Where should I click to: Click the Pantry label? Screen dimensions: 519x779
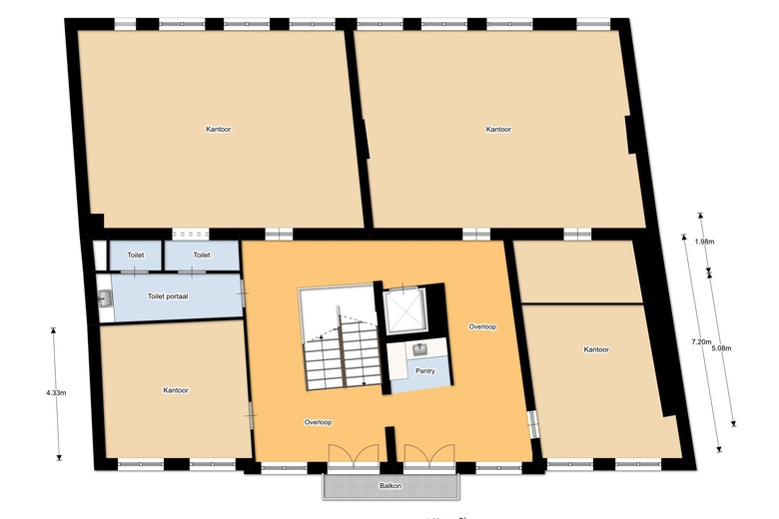425,371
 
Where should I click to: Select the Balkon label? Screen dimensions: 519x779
390,487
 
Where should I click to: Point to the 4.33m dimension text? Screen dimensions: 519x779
56,393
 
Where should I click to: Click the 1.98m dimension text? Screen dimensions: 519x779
703,241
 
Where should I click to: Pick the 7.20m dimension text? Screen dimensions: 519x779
701,342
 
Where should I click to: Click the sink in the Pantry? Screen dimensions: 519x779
421,349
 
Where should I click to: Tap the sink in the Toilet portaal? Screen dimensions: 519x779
106,296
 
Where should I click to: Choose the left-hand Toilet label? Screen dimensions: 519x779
136,256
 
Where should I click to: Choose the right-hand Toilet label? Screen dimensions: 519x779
202,256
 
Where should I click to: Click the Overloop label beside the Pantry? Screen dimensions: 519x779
482,326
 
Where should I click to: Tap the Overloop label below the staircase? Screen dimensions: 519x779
318,422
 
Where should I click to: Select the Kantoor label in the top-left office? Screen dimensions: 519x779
219,130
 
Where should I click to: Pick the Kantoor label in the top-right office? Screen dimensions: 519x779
498,130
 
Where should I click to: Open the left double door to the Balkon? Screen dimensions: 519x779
355,455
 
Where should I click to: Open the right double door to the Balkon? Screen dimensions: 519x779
429,455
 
